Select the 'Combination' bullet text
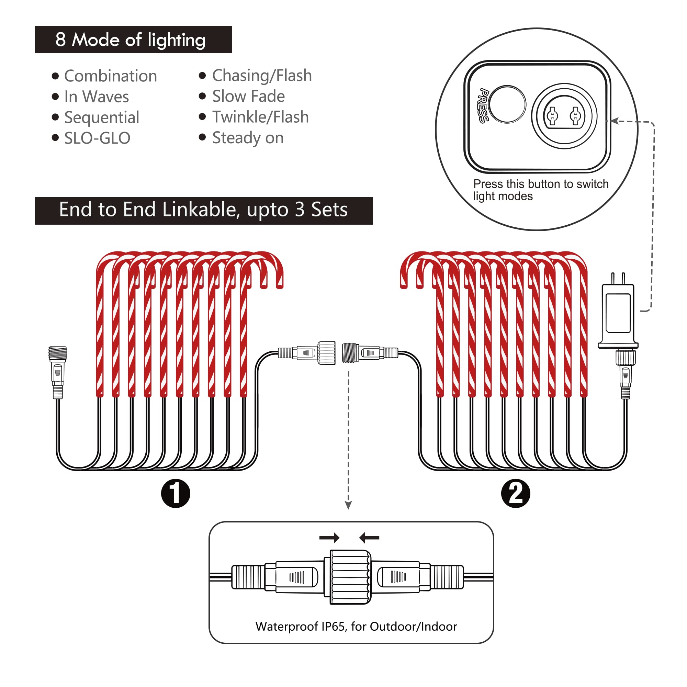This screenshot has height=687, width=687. click(110, 76)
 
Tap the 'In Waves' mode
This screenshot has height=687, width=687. click(97, 97)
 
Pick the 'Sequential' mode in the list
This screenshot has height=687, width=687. click(102, 117)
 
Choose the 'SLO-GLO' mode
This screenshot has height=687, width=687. click(97, 138)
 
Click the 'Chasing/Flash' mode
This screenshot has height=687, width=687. click(262, 76)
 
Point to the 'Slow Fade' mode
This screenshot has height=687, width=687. click(248, 97)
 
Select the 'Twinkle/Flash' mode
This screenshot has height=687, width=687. click(260, 117)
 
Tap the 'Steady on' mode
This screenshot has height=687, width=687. click(248, 138)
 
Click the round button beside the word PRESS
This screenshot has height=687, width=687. click(507, 104)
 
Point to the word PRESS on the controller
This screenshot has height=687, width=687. click(483, 105)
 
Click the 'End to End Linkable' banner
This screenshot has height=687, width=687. click(203, 211)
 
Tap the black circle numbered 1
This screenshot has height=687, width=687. click(175, 493)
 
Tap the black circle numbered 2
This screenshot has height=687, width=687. click(515, 493)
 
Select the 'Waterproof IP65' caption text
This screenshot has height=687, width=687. click(356, 626)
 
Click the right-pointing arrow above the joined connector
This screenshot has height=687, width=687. click(329, 538)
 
